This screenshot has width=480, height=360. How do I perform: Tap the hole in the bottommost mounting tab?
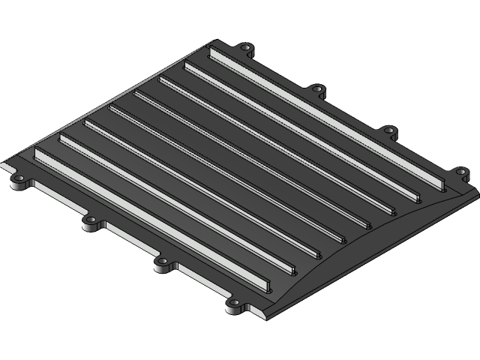coord(233,304)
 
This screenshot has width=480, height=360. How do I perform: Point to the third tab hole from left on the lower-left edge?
coord(162,263)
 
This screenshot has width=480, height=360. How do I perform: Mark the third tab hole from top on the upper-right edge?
coord(388,131)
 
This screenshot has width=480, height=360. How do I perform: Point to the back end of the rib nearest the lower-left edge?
coord(37,153)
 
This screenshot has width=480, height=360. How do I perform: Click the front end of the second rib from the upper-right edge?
coord(417,200)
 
